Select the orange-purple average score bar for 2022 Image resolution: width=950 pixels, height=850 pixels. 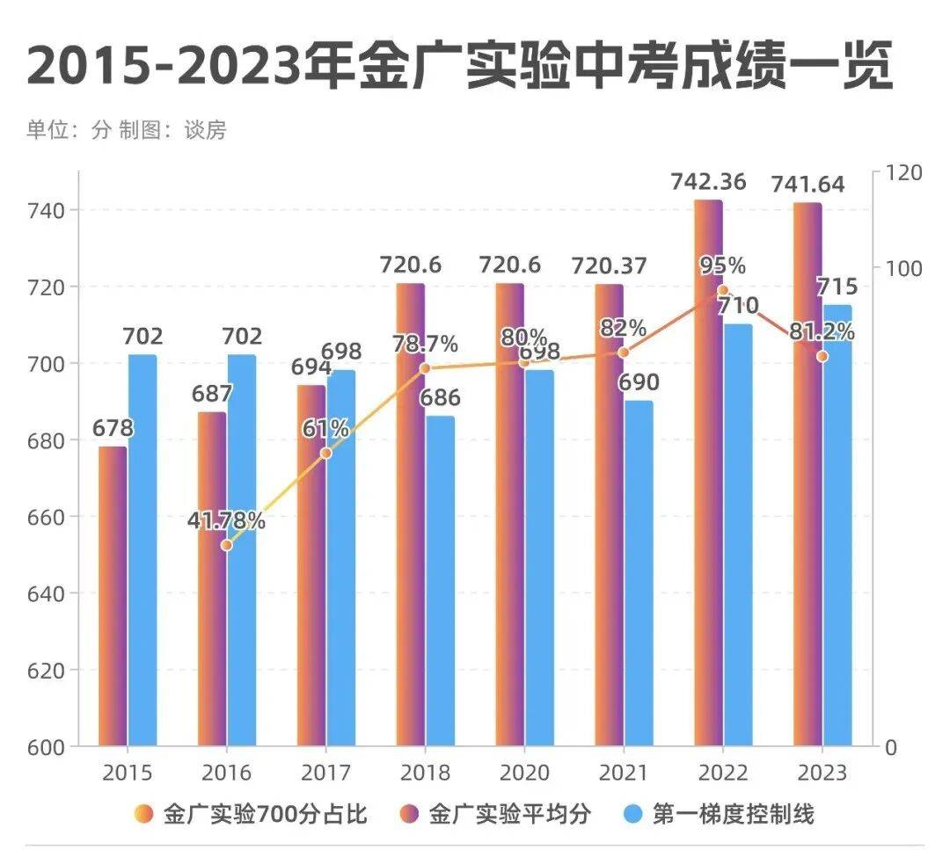pos(708,475)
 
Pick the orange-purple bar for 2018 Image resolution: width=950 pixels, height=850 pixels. pos(410,514)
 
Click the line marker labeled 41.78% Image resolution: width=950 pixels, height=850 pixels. pos(226,545)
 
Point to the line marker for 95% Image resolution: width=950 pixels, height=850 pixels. pos(722,290)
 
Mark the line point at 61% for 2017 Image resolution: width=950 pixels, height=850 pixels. pos(325,453)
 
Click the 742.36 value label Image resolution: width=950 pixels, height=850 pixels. pos(708,183)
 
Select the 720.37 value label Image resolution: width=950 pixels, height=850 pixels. pos(610,265)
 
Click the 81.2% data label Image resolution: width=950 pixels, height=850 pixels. pos(822,332)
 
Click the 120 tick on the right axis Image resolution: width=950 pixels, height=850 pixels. pos(903,172)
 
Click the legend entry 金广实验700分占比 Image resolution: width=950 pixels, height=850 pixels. pos(251,814)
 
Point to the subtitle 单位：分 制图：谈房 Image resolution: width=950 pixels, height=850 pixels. pos(127,130)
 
